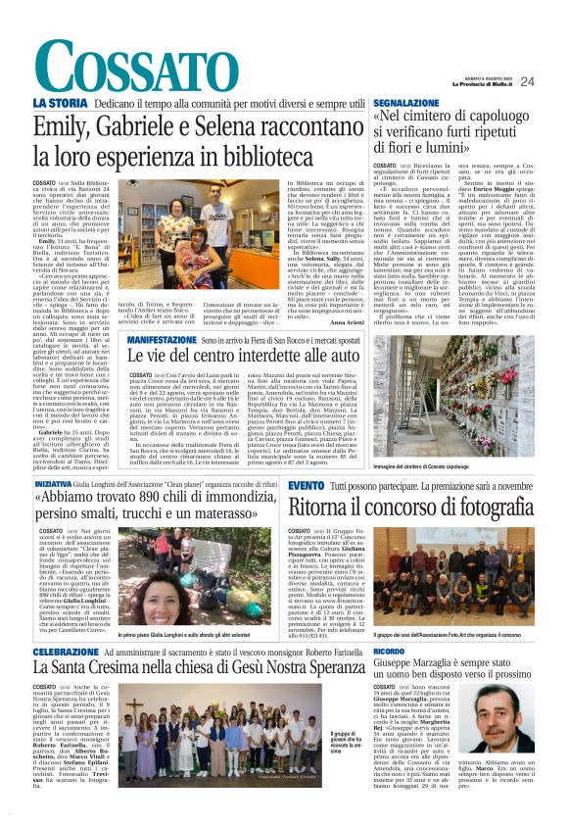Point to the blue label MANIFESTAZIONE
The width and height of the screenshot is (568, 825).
(164, 337)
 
